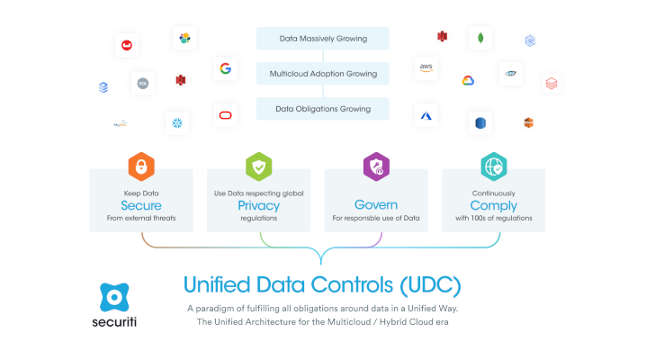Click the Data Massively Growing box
pos(323,39)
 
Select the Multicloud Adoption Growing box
pos(323,73)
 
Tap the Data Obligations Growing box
pos(323,109)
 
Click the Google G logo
pos(225,68)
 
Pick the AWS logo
pos(426,67)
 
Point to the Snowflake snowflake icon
pos(177,122)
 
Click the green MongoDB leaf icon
pos(480,39)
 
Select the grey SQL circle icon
pos(143,83)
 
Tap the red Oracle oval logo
pos(225,115)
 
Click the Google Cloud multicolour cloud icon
pos(468,80)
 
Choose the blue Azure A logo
pos(426,116)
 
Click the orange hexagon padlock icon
pos(141,166)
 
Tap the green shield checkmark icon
pos(259,166)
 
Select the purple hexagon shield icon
pos(376,166)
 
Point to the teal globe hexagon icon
pos(494,166)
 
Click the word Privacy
pos(259,206)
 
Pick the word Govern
pos(376,204)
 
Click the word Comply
pos(494,206)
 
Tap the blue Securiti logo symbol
pos(114,297)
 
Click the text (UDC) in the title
pos(430,285)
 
